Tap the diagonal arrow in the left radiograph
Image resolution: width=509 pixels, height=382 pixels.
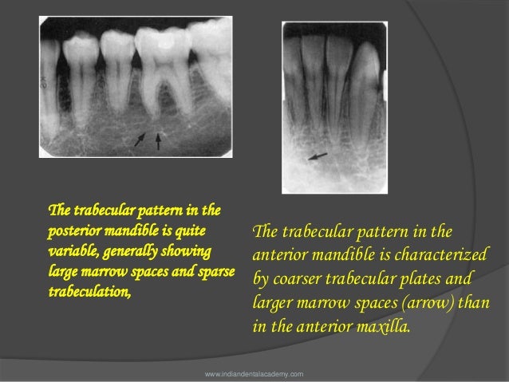click(140, 140)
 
